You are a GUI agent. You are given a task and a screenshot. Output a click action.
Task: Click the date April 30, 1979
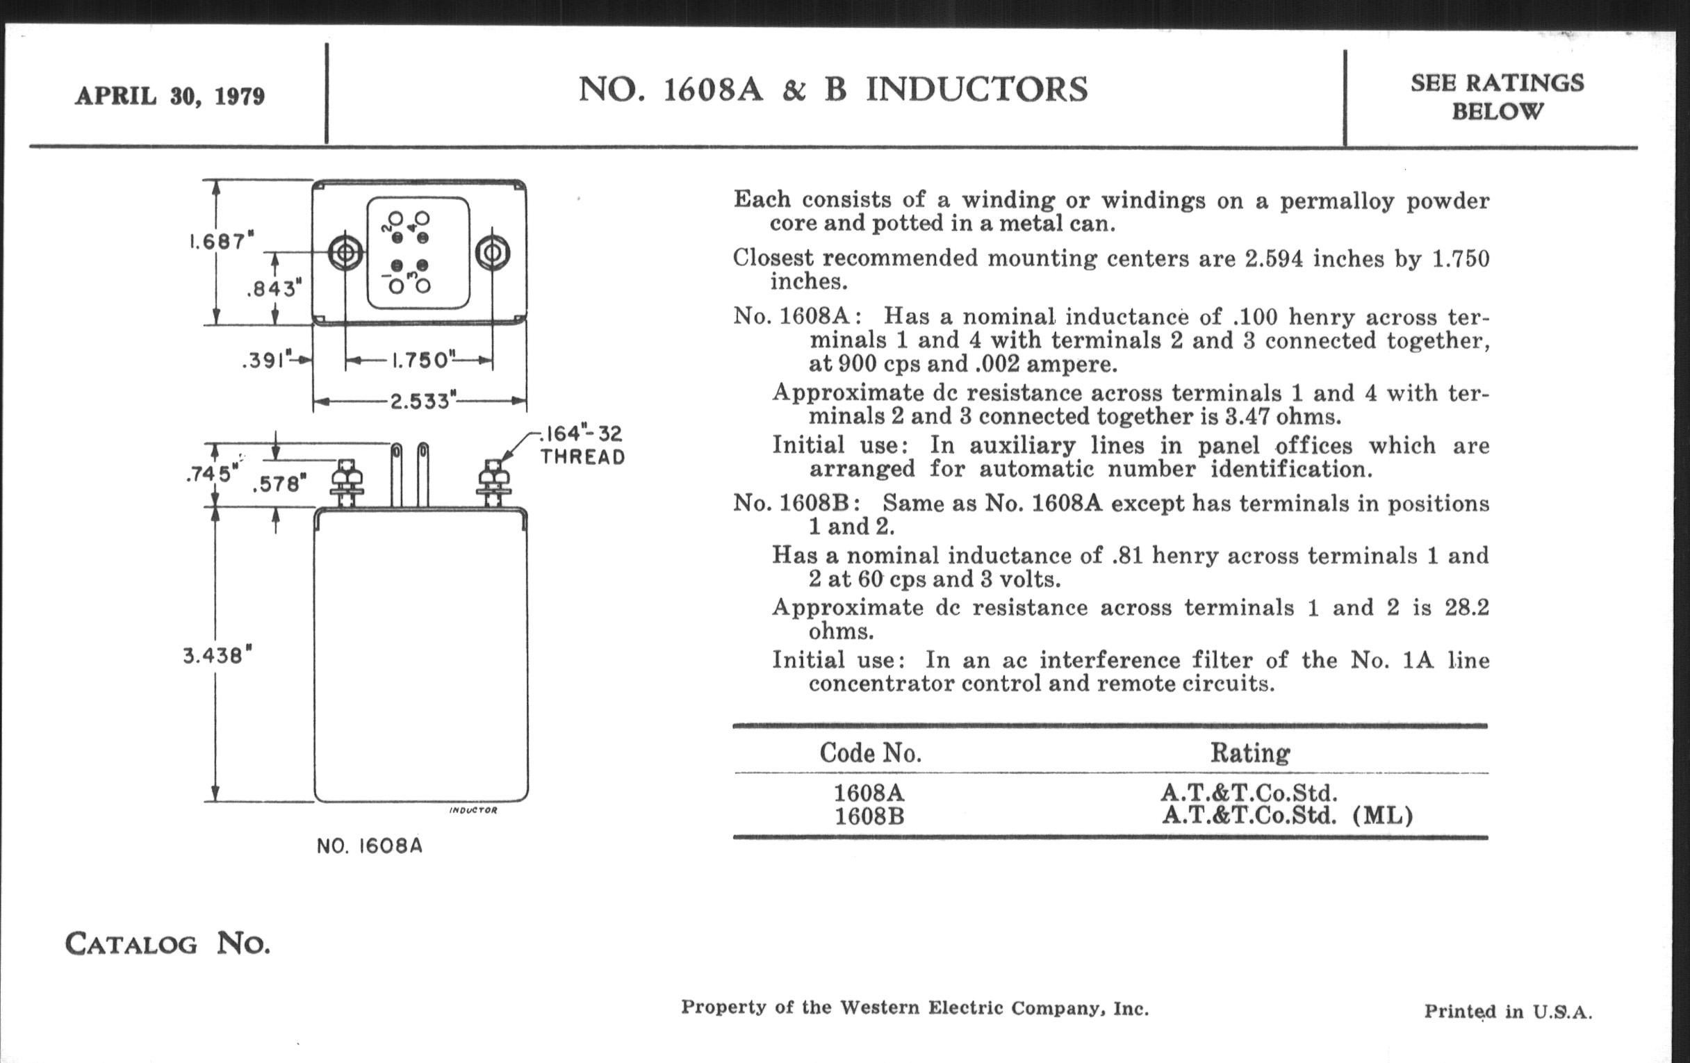tap(170, 95)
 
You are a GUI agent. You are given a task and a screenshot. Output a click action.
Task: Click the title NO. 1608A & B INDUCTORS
tap(833, 90)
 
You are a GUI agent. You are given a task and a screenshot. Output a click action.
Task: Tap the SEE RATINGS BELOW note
tap(1497, 97)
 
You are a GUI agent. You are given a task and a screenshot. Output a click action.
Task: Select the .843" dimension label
tap(274, 288)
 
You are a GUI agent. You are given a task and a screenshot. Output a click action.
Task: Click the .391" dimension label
tap(266, 361)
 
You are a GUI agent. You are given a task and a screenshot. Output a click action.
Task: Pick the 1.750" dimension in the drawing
tap(420, 361)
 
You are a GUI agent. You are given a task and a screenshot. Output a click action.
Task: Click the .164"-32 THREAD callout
tap(582, 445)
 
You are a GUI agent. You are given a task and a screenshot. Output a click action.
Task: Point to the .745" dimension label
tap(210, 474)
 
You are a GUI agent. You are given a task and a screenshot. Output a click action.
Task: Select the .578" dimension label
tap(279, 484)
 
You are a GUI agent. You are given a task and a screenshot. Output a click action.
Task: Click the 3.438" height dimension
tap(218, 656)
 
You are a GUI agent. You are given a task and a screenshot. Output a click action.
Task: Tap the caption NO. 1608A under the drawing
tap(370, 846)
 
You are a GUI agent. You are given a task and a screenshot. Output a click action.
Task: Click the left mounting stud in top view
tap(346, 253)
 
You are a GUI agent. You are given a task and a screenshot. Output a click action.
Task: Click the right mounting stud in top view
tap(492, 253)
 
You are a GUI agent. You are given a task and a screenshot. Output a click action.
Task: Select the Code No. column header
tap(870, 753)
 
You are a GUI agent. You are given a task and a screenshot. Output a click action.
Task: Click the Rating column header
tap(1250, 753)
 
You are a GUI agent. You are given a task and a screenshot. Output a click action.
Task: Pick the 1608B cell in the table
tap(869, 817)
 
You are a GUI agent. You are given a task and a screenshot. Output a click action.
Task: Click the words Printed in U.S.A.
tap(1507, 1012)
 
